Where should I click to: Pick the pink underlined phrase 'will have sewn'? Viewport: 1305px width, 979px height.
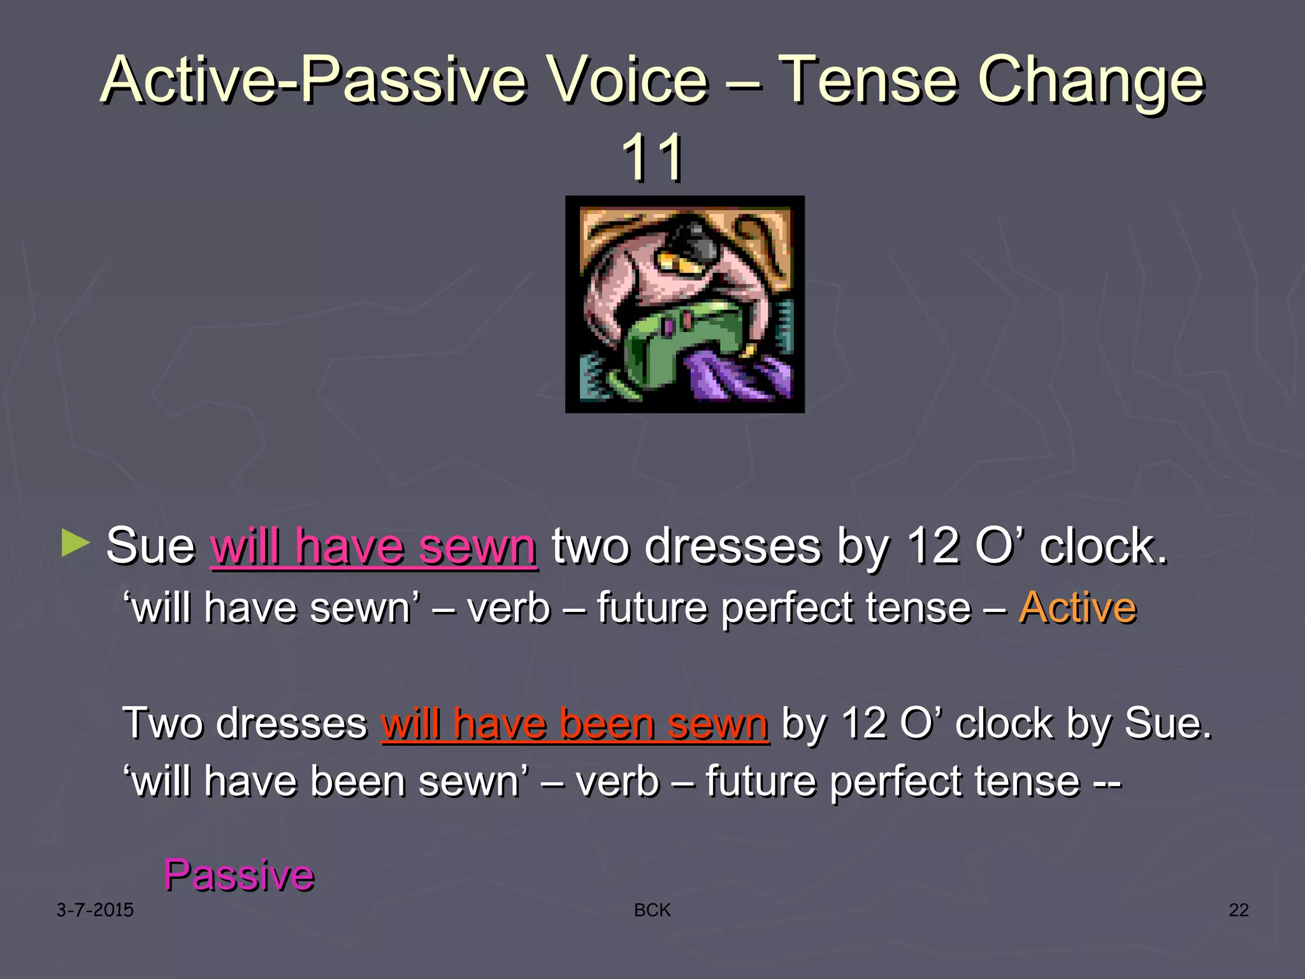(373, 547)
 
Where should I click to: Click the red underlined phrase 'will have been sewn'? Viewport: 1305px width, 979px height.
(575, 724)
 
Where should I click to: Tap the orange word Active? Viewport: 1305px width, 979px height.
(1078, 607)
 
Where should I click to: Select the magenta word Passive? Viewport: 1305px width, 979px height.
(239, 874)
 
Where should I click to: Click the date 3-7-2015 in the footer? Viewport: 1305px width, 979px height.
(95, 910)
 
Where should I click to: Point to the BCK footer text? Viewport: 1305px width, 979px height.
(652, 910)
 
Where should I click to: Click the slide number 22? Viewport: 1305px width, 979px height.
(1238, 910)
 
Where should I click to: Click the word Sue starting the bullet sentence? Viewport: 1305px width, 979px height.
(150, 547)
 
